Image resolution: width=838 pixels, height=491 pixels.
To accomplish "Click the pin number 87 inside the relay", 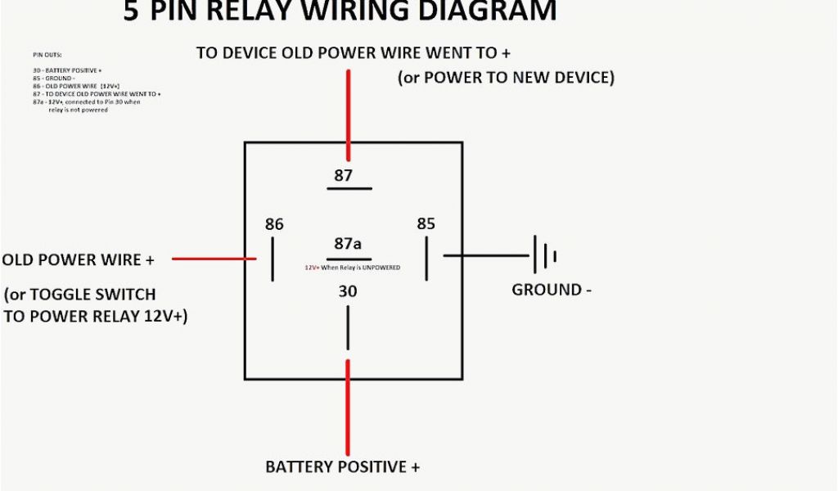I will (343, 175).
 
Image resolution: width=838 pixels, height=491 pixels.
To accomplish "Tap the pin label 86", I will (274, 224).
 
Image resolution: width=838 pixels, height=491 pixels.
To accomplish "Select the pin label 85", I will (426, 223).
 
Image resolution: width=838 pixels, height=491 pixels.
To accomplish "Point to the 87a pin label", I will (348, 244).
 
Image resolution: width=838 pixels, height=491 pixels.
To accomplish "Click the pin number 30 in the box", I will (347, 291).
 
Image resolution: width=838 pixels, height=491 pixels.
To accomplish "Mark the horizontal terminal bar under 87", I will (349, 188).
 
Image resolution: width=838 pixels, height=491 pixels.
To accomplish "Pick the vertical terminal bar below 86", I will (273, 259).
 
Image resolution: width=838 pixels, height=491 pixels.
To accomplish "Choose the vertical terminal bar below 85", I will (426, 259).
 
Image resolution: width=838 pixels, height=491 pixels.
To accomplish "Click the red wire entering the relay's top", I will (349, 115).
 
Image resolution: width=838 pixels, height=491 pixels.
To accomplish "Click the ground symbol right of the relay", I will (545, 255).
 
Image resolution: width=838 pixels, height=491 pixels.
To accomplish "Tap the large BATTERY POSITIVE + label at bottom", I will (342, 467).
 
